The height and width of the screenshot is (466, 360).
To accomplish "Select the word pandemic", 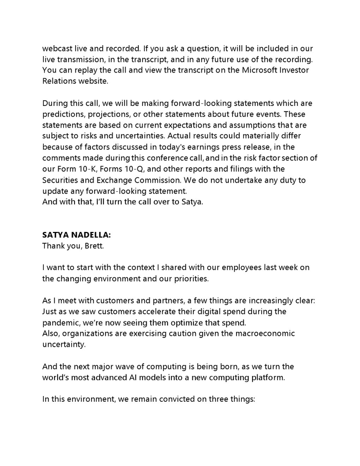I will coord(63,322).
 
